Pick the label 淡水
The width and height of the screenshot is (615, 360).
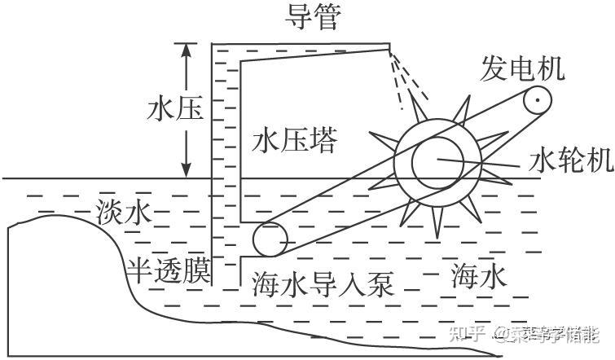pyautogui.click(x=124, y=213)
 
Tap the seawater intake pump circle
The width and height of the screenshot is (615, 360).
pyautogui.click(x=270, y=239)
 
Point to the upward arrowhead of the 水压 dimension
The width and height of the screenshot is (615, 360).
pyautogui.click(x=187, y=50)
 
